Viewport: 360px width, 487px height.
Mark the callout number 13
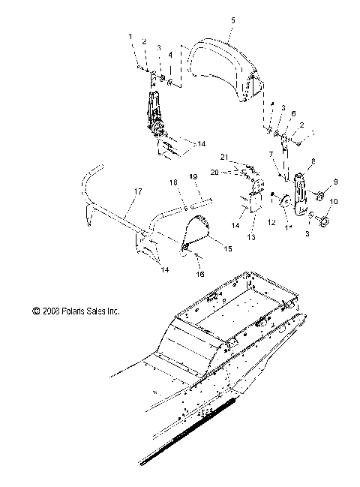pos(252,238)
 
